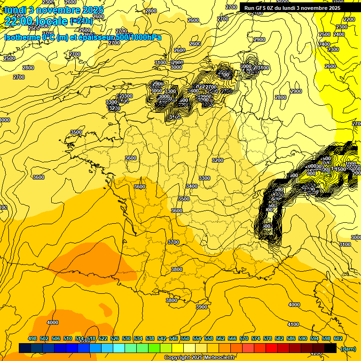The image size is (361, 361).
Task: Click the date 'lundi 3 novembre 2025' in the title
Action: pyautogui.click(x=54, y=10)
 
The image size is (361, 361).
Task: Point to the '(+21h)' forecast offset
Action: pyautogui.click(x=81, y=21)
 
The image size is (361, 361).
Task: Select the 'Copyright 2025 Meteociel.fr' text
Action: pyautogui.click(x=199, y=357)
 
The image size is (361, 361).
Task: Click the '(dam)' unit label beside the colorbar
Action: pyautogui.click(x=348, y=349)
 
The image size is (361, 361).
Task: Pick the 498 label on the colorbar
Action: pyautogui.click(x=32, y=338)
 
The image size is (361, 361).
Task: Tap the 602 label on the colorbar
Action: pyautogui.click(x=337, y=338)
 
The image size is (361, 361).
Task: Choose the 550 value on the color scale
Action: pyautogui.click(x=185, y=338)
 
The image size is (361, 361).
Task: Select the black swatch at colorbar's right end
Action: pyautogui.click(x=330, y=348)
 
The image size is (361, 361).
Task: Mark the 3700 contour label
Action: pyautogui.click(x=173, y=242)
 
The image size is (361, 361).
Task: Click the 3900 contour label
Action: pyautogui.click(x=201, y=307)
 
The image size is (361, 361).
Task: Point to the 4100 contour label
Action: pyautogui.click(x=293, y=324)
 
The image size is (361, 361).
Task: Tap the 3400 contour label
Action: pyautogui.click(x=191, y=187)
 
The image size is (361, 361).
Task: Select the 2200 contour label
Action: pyautogui.click(x=349, y=19)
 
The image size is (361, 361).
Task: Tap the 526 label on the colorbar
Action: pyautogui.click(x=115, y=338)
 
